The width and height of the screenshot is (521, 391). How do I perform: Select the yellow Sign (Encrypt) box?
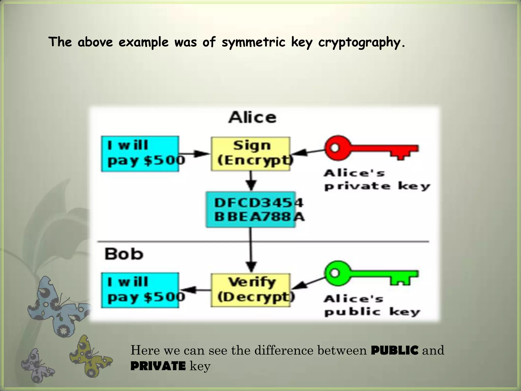pyautogui.click(x=251, y=153)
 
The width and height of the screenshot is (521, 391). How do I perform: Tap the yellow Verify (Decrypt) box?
pyautogui.click(x=251, y=290)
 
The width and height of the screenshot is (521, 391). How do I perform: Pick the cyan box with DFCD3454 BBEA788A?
pyautogui.click(x=251, y=210)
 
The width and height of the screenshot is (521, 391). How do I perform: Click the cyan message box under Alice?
pyautogui.click(x=140, y=154)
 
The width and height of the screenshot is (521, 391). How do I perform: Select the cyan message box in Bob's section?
pyautogui.click(x=140, y=290)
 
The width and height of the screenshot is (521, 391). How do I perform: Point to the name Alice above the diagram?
pyautogui.click(x=252, y=118)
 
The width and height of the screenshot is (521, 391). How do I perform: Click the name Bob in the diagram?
pyautogui.click(x=124, y=254)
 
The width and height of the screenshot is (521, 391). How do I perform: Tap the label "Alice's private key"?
pyautogui.click(x=377, y=180)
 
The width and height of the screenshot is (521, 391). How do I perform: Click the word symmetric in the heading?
pyautogui.click(x=253, y=42)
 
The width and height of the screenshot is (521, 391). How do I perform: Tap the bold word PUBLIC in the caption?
pyautogui.click(x=395, y=350)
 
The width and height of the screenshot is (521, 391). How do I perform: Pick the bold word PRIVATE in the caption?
pyautogui.click(x=158, y=366)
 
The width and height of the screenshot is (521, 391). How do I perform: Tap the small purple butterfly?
pyautogui.click(x=37, y=365)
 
